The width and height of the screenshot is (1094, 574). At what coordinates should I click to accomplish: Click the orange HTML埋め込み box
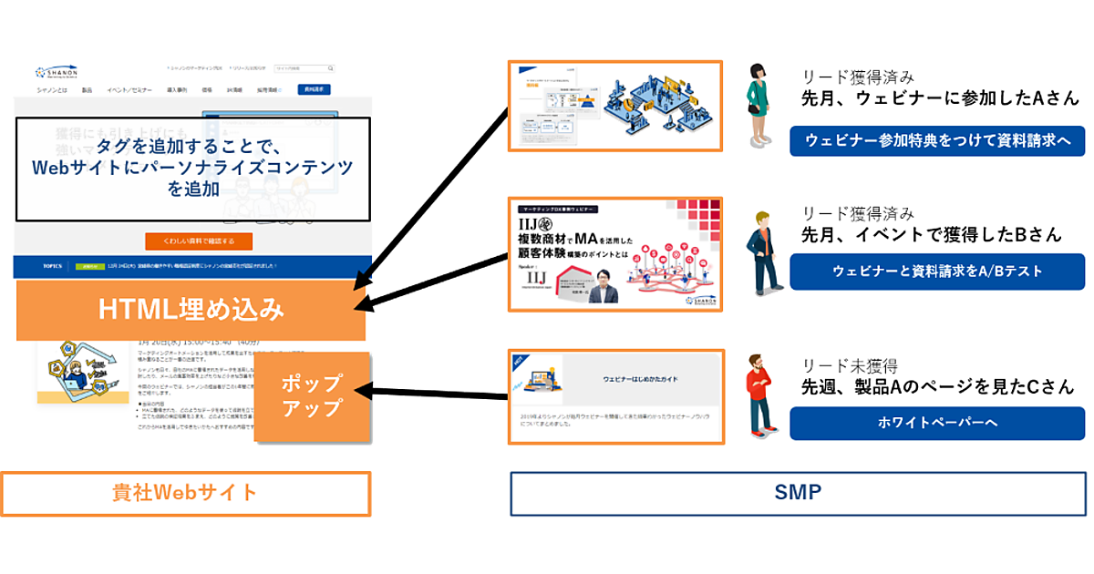(191, 310)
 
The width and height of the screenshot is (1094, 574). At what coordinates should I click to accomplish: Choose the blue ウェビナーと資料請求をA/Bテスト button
(937, 272)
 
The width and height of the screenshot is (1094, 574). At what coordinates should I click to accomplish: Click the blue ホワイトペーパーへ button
(937, 422)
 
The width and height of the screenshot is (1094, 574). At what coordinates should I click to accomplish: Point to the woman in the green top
(758, 106)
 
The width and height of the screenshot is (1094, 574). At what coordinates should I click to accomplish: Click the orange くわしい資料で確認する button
(198, 241)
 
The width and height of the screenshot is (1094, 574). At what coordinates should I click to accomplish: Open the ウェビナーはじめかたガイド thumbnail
(615, 395)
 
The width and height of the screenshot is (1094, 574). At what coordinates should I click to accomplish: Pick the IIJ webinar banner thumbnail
(615, 251)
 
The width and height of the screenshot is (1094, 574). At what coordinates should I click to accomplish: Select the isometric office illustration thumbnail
(615, 105)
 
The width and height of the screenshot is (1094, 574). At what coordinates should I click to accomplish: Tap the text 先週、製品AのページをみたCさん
(937, 387)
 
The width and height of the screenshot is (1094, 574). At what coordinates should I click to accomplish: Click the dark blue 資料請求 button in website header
(314, 89)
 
